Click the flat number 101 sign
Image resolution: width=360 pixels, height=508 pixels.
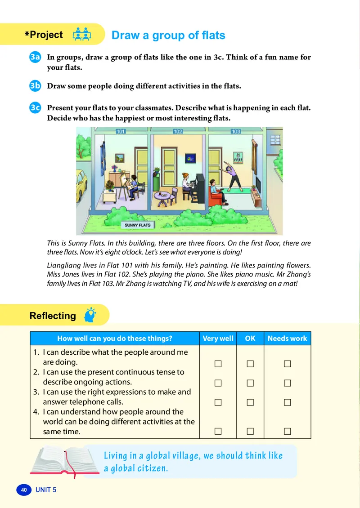tap(120, 132)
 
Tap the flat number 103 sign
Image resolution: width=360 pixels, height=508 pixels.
tap(236, 132)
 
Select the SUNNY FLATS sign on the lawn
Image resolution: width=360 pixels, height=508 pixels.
tap(138, 225)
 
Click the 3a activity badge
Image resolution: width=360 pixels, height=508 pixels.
tap(35, 57)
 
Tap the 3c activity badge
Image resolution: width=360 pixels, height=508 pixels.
tap(35, 108)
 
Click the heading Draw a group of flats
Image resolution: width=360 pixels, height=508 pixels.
tap(168, 35)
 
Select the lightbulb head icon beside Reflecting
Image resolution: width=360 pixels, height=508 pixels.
tap(90, 315)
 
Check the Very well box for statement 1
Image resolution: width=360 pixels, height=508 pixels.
tap(218, 363)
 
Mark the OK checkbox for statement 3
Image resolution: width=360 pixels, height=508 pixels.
tap(250, 403)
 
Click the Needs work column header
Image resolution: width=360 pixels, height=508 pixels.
tap(287, 339)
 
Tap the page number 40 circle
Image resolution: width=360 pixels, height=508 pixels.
tap(24, 490)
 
